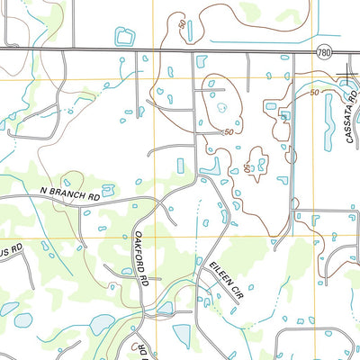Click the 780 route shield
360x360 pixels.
pyautogui.click(x=324, y=54)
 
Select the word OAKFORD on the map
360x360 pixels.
pyautogui.click(x=139, y=254)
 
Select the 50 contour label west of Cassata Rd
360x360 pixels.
pyautogui.click(x=314, y=93)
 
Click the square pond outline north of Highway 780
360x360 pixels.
pyautogui.click(x=124, y=36)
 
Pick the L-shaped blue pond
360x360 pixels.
pyautogui.click(x=211, y=166)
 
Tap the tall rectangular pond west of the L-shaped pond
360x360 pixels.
pyautogui.click(x=181, y=166)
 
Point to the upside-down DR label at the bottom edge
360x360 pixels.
pyautogui.click(x=141, y=349)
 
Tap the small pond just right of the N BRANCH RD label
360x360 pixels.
pyautogui.click(x=108, y=189)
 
